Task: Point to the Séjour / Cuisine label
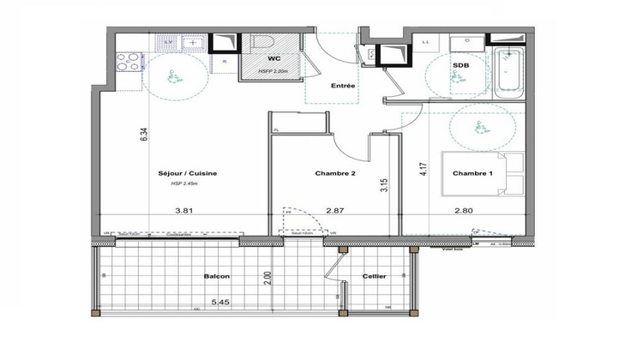click(x=188, y=173)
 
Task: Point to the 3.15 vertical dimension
click(x=386, y=184)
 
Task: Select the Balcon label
click(x=215, y=277)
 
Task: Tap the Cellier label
click(x=374, y=277)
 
